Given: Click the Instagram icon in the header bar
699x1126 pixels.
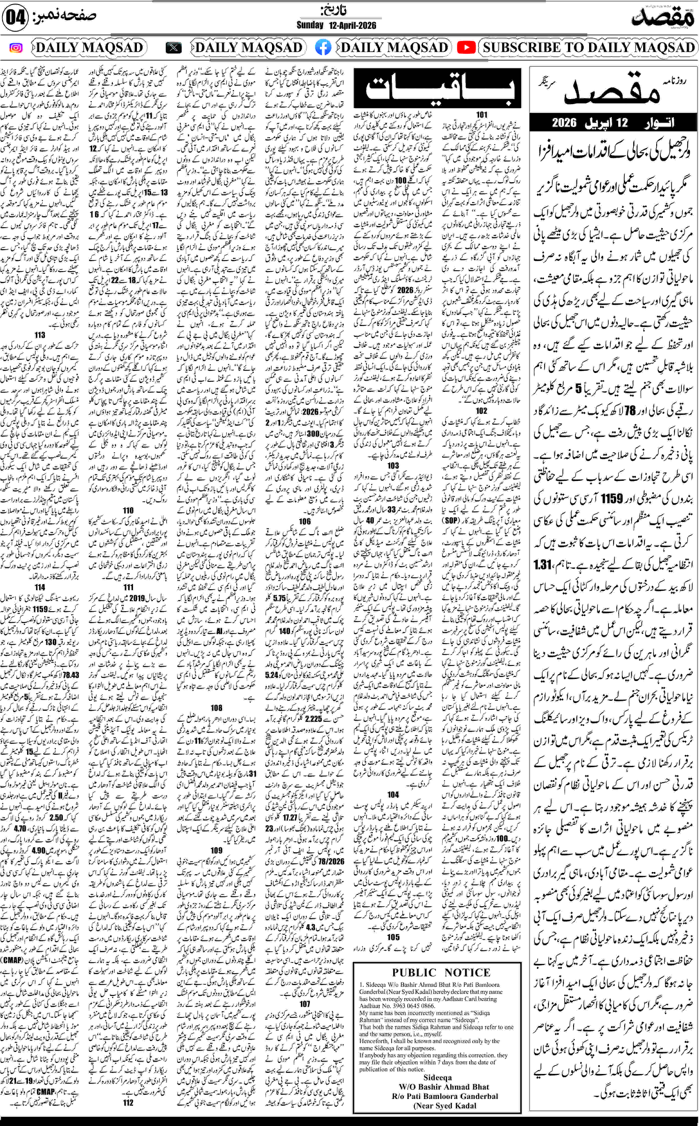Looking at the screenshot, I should click(x=16, y=48).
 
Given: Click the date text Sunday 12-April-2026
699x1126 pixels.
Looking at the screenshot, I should click(x=336, y=25).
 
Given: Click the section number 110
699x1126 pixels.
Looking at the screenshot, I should click(x=128, y=510).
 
